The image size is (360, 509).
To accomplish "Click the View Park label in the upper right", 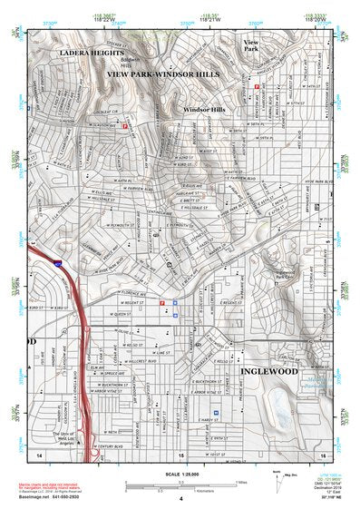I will [x=251, y=47].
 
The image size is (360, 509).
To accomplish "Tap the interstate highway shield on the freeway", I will [x=57, y=263].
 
